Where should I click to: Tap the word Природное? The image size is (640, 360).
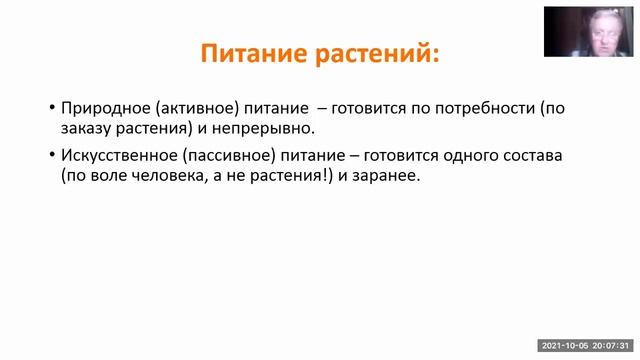click(x=102, y=107)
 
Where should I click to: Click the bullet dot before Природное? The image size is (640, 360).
click(x=51, y=108)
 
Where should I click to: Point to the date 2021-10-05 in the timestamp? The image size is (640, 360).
click(x=565, y=346)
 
